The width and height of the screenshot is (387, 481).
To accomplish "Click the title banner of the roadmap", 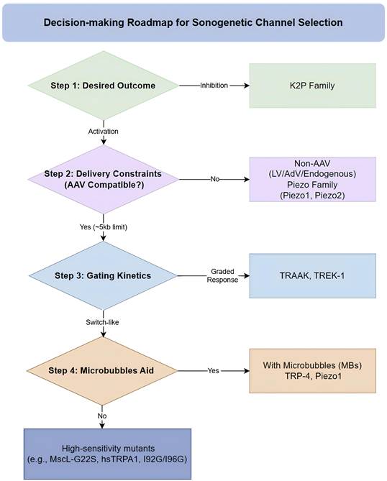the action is [193, 22].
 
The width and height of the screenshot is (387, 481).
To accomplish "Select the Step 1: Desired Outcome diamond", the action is [103, 86].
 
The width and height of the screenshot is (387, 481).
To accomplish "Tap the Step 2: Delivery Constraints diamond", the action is [103, 180].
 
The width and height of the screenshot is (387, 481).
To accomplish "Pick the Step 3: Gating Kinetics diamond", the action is [103, 275].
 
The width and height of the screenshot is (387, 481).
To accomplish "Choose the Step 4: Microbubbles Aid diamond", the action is [102, 370].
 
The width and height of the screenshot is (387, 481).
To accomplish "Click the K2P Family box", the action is [312, 86].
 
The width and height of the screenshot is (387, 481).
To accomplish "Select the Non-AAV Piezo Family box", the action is [312, 180].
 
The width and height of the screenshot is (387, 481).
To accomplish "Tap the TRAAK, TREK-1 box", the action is [312, 276].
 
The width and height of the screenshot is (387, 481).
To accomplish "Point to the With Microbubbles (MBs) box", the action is [312, 371].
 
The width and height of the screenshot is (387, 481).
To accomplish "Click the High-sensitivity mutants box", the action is [107, 454].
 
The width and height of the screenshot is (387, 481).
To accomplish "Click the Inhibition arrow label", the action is [214, 86].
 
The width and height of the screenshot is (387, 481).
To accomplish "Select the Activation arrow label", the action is [103, 132].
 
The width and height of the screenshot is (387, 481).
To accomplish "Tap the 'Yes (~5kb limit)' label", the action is [104, 227].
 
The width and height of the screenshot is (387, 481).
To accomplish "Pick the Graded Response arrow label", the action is [222, 275].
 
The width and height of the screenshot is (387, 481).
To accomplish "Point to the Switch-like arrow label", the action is [102, 322].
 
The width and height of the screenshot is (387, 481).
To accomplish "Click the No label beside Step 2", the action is [215, 179].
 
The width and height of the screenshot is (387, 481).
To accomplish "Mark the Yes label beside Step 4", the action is [214, 370].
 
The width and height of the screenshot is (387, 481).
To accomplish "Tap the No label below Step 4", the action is [102, 416].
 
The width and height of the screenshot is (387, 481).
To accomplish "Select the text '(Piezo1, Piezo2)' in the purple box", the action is [312, 196].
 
